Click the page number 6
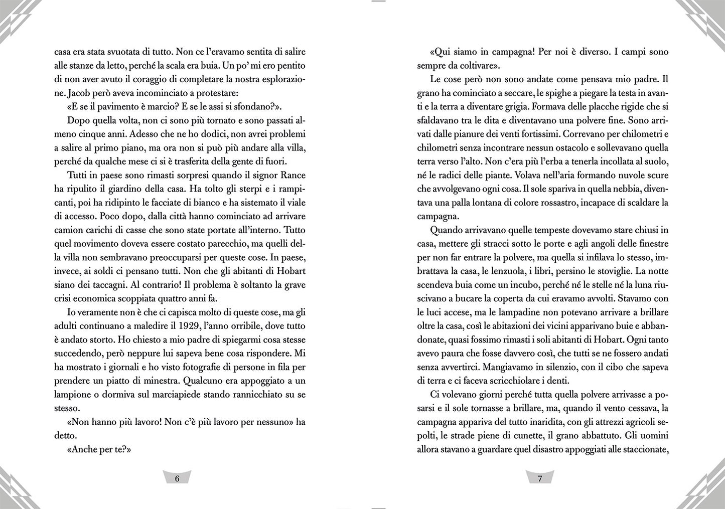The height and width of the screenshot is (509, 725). click(x=177, y=478)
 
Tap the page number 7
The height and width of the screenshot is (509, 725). click(x=540, y=478)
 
